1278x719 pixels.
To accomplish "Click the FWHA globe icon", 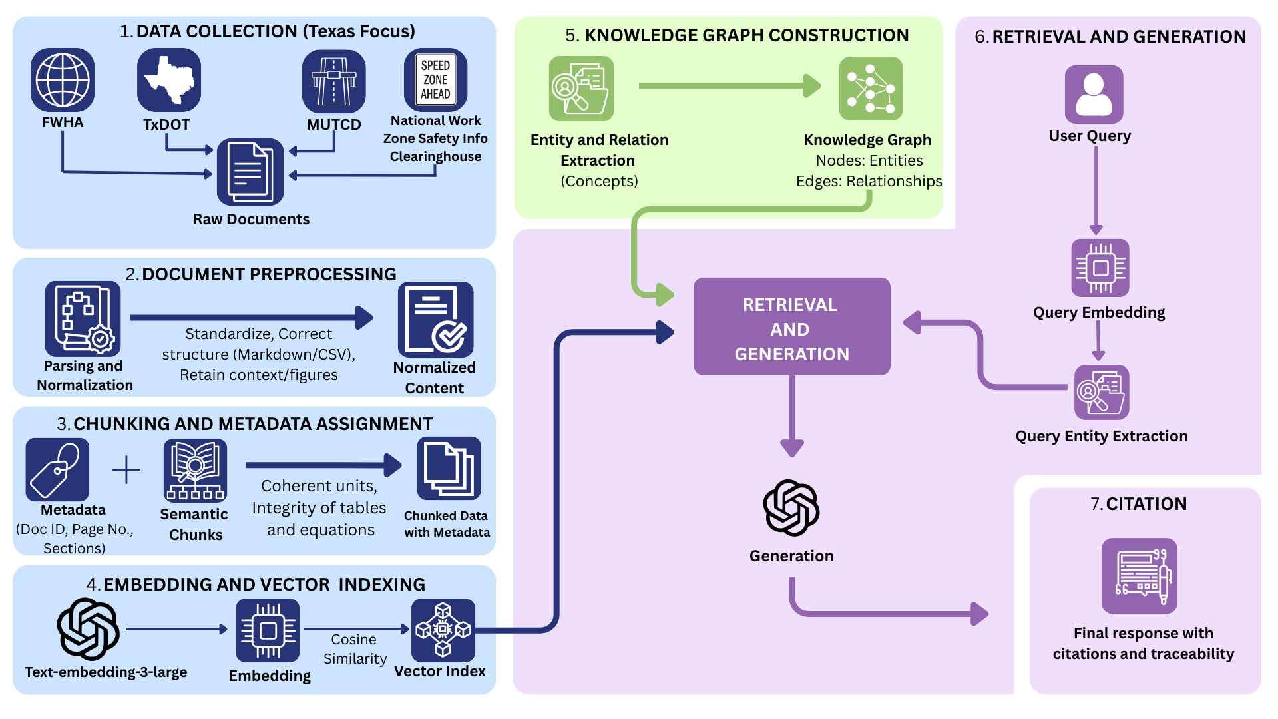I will pos(63,80).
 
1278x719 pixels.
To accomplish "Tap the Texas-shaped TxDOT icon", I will pos(169,80).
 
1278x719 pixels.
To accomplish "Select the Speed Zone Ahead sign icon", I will pos(435,79).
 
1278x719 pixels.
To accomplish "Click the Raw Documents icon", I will pos(250,172).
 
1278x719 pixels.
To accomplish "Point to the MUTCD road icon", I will pos(333,81).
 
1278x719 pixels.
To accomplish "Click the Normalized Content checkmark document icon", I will pos(435,320).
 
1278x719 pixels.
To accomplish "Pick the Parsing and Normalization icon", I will pos(83,318).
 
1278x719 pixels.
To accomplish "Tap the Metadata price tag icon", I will pos(57,470).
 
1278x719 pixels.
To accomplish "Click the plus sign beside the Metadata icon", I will pos(126,470).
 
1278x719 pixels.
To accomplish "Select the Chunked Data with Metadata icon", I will pos(449,469).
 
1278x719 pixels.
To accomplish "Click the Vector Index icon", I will pos(443,630).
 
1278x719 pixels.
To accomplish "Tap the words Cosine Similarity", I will pos(354,649).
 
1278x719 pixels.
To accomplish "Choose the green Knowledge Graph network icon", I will pos(871,89).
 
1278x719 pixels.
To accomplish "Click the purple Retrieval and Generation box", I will pos(791,327).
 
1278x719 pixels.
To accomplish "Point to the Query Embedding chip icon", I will pos(1100,268).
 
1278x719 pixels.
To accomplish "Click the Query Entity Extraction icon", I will pos(1101,392).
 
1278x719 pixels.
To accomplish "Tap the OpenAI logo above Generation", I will pos(791,508).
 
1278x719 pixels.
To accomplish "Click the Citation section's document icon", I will pos(1139,576).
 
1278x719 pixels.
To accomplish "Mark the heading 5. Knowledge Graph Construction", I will pos(736,35).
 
